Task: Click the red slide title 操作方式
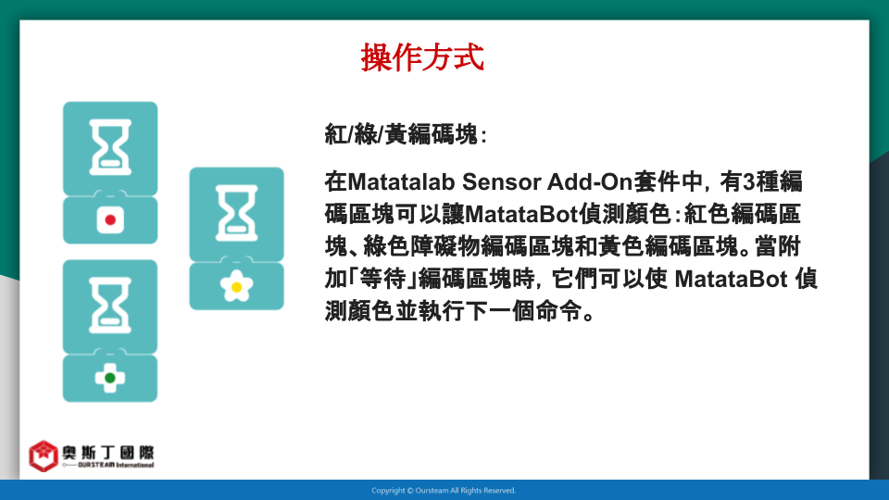coord(422,57)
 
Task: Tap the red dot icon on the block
coord(110,220)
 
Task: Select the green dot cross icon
coord(110,378)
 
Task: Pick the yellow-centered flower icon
coord(236,286)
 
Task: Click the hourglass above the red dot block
coord(110,147)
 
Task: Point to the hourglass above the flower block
coord(237,213)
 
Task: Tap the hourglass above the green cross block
coord(110,305)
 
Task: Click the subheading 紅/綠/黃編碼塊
coord(406,135)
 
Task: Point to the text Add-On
coord(590,182)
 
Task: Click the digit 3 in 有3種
coord(749,182)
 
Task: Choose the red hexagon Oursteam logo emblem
coord(44,456)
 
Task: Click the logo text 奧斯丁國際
coord(107,453)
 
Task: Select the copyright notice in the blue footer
coord(444,491)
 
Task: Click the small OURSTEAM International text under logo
coord(116,465)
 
